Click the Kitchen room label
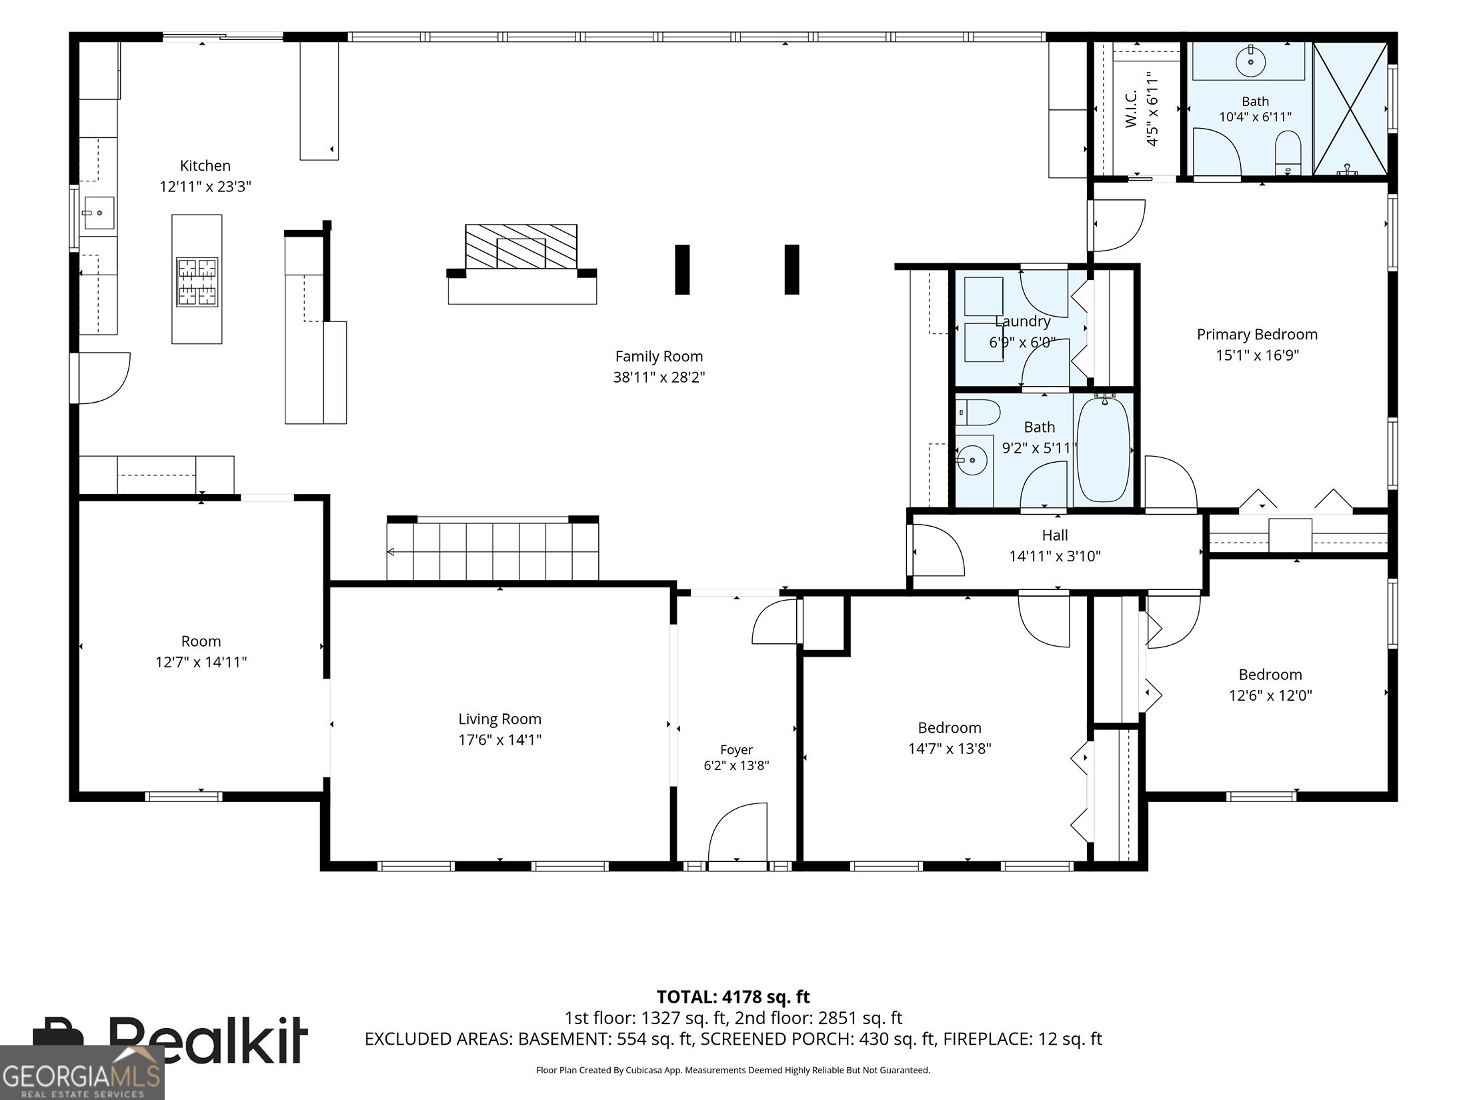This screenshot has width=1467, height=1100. [x=205, y=166]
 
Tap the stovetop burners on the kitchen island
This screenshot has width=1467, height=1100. [x=197, y=282]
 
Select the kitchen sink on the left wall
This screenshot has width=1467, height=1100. [x=99, y=213]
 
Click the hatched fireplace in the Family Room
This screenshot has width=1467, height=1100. [x=521, y=247]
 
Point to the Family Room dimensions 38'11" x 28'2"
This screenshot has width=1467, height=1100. [x=659, y=377]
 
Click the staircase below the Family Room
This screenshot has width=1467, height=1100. [x=493, y=551]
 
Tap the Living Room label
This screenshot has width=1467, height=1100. [x=499, y=719]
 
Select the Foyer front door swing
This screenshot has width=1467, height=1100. [x=737, y=833]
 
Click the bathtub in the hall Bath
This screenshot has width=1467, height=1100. [x=1104, y=450]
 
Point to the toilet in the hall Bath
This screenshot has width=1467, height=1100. [x=978, y=413]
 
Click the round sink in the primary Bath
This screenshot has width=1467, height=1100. [x=1250, y=62]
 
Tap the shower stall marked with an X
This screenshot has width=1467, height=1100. [x=1350, y=109]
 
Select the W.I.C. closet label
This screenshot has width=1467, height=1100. [x=1131, y=109]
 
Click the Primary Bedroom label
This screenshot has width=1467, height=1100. [x=1257, y=335]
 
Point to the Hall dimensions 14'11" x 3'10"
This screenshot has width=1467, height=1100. [x=1055, y=556]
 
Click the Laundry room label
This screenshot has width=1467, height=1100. [x=1022, y=321]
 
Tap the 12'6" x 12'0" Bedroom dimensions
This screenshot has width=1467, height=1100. [x=1270, y=695]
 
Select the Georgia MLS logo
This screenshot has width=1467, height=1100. [x=82, y=1073]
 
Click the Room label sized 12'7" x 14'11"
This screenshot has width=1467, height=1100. [x=201, y=641]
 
